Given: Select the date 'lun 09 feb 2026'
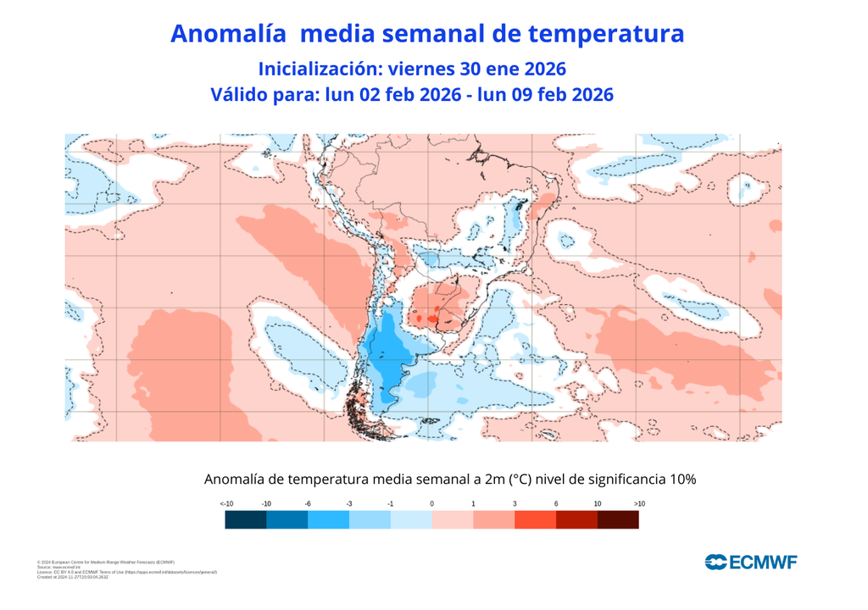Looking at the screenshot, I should click(x=545, y=95).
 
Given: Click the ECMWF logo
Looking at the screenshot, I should click(x=750, y=562).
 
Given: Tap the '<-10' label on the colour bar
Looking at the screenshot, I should click(x=226, y=504).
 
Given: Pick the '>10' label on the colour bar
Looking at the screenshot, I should click(x=638, y=504).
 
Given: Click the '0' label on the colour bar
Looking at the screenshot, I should click(x=432, y=504).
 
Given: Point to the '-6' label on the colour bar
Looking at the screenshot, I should click(x=308, y=504).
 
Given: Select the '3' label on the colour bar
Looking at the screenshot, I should click(x=515, y=504).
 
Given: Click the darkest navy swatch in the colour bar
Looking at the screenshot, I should click(x=246, y=520).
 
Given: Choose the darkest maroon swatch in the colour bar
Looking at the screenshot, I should click(x=618, y=520).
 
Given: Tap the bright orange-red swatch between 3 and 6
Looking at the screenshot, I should click(x=535, y=520).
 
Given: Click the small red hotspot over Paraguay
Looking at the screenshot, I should click(x=433, y=318).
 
